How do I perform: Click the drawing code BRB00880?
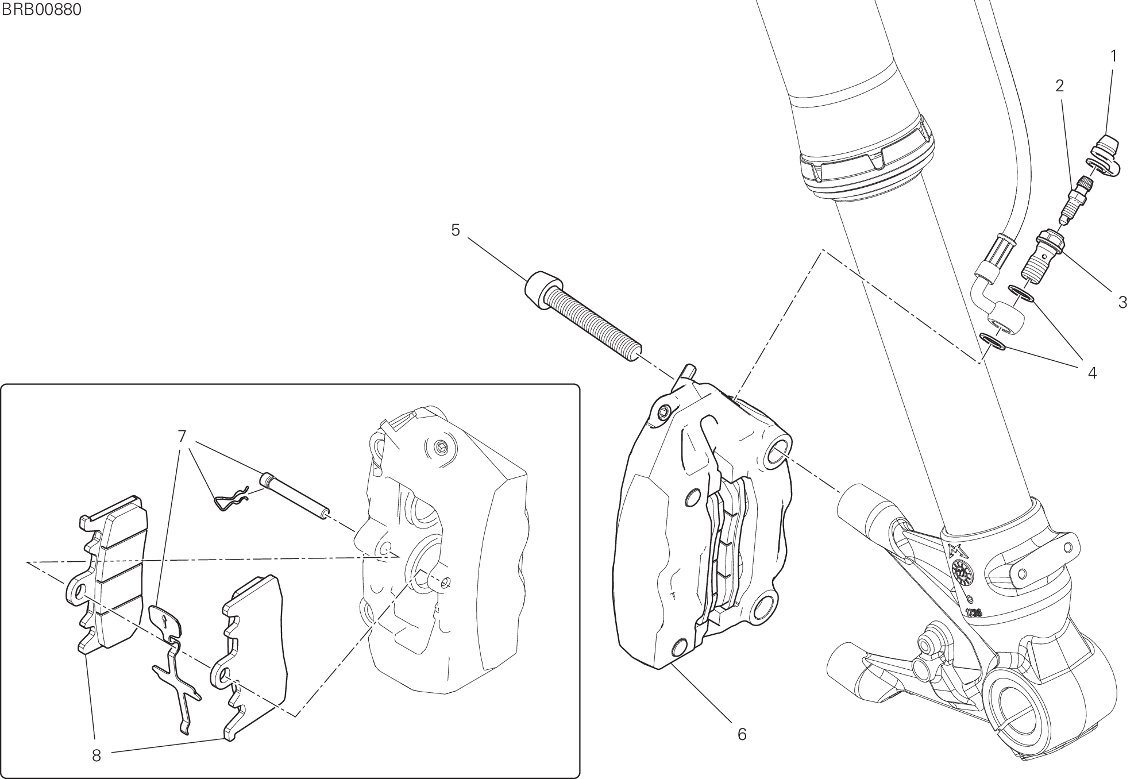(41, 10)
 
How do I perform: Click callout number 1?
(1113, 56)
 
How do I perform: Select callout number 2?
(1059, 86)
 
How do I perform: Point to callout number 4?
(1092, 373)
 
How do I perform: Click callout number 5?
(456, 231)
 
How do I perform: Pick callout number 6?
(742, 734)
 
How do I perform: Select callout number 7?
(182, 437)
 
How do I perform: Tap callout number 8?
(97, 756)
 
